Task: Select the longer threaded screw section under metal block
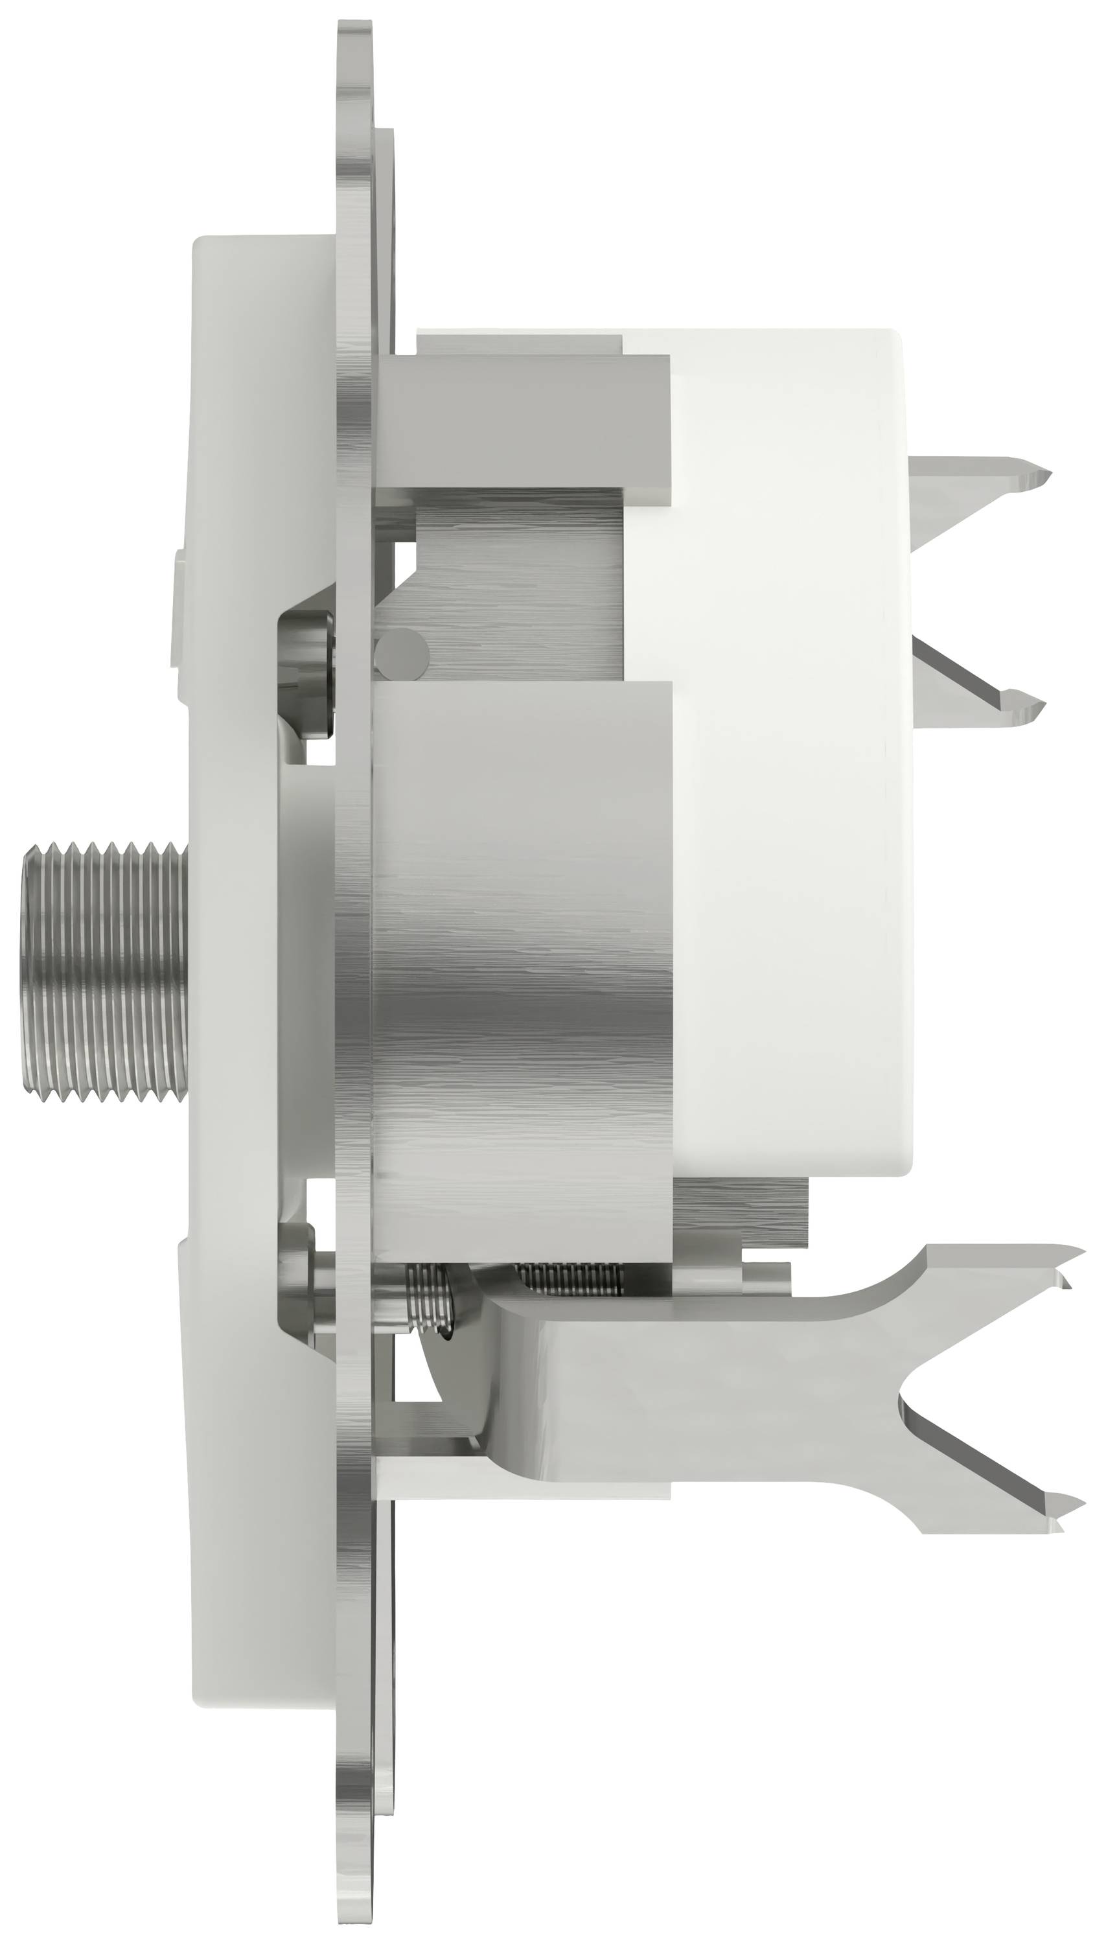point(570,1278)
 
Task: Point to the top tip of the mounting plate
point(355,30)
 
